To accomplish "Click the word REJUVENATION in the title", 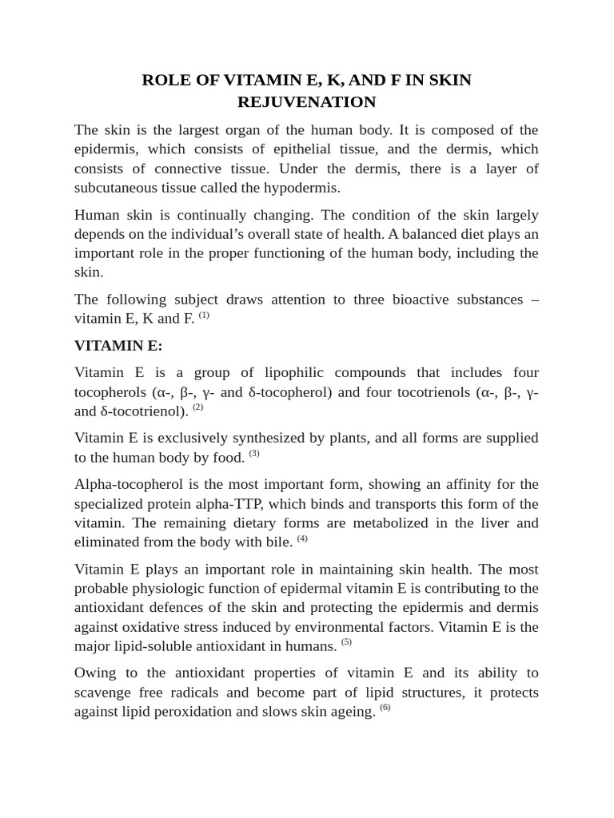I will (306, 101).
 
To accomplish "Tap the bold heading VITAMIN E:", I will (118, 345).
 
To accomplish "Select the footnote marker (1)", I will (204, 315).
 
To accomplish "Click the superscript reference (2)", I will (198, 407).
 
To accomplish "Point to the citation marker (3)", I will (254, 453).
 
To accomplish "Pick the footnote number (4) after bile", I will (302, 538).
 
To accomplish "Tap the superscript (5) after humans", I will (346, 641).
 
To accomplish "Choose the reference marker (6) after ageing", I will (385, 707).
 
